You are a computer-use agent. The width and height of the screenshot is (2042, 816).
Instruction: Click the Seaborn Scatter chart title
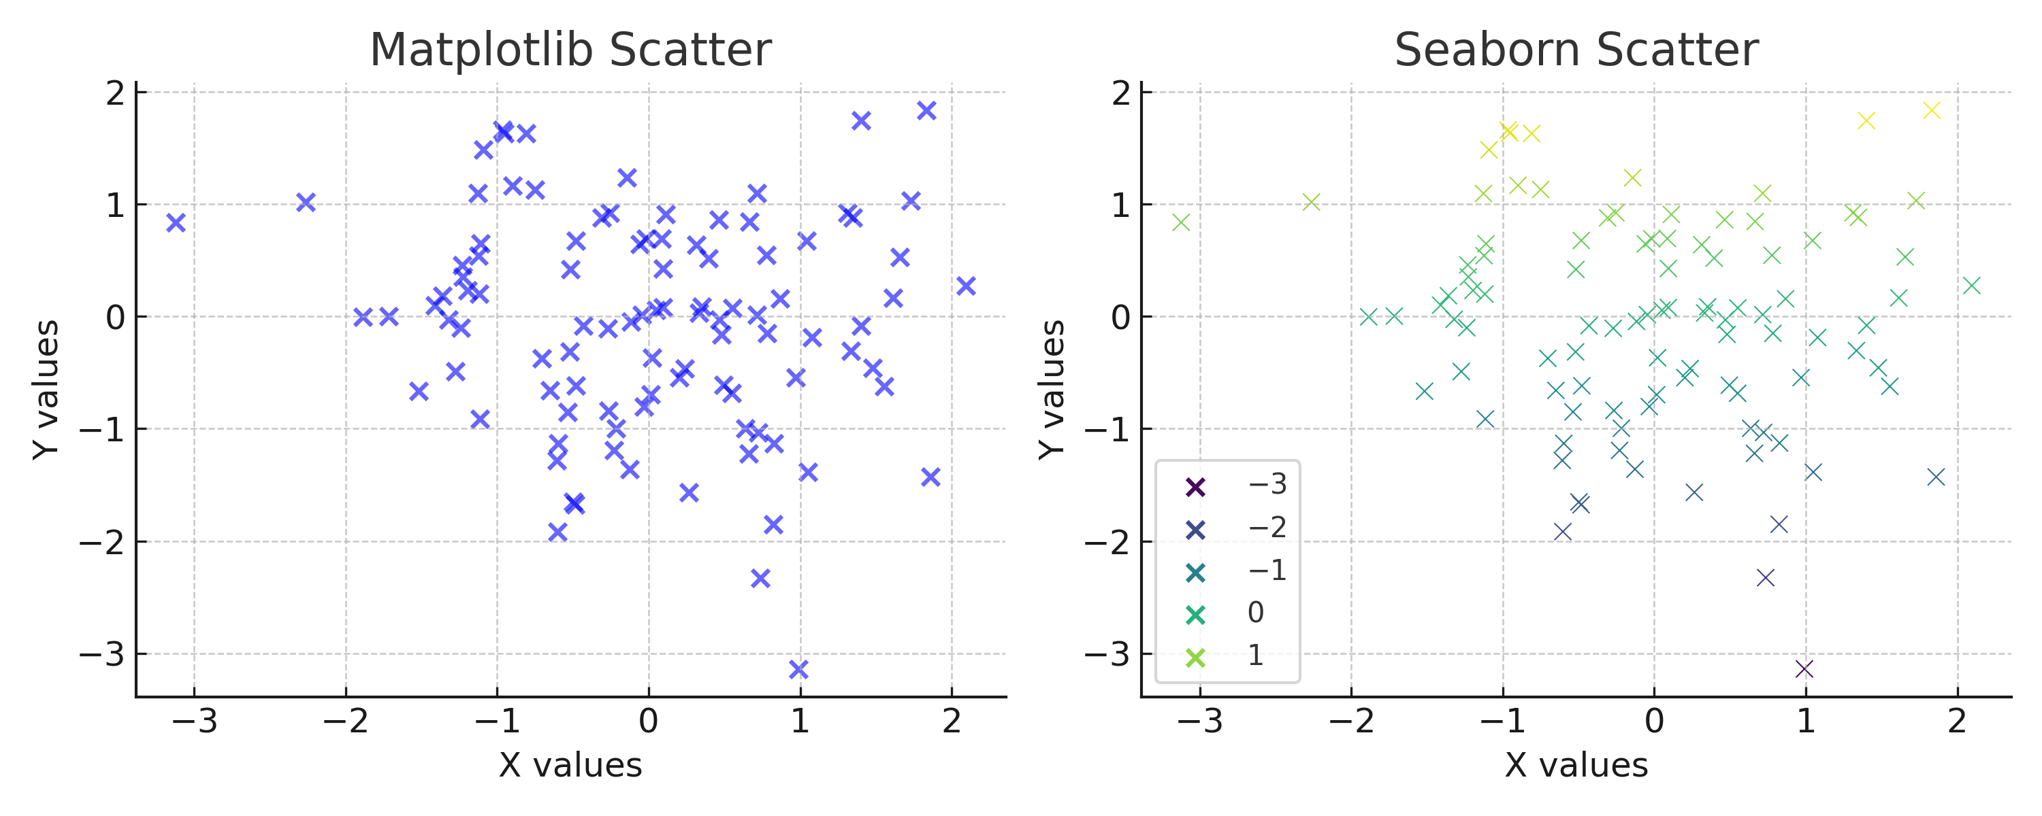click(1576, 50)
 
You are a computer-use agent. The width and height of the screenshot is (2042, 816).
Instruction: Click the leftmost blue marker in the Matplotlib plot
click(176, 222)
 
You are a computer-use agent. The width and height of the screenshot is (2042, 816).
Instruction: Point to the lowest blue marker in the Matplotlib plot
click(799, 669)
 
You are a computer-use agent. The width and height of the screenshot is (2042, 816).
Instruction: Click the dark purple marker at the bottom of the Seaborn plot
click(1804, 669)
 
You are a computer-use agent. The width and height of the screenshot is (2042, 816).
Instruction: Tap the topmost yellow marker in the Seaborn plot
click(1932, 110)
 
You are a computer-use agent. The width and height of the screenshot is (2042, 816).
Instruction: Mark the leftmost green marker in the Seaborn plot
click(1181, 222)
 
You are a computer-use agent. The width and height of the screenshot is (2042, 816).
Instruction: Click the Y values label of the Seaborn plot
click(1051, 389)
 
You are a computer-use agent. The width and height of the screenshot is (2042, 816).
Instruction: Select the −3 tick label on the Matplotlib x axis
click(194, 721)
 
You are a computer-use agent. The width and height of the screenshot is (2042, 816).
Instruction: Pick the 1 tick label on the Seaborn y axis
click(1121, 205)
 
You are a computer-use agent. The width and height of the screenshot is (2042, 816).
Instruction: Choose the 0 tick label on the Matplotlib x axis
click(649, 721)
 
